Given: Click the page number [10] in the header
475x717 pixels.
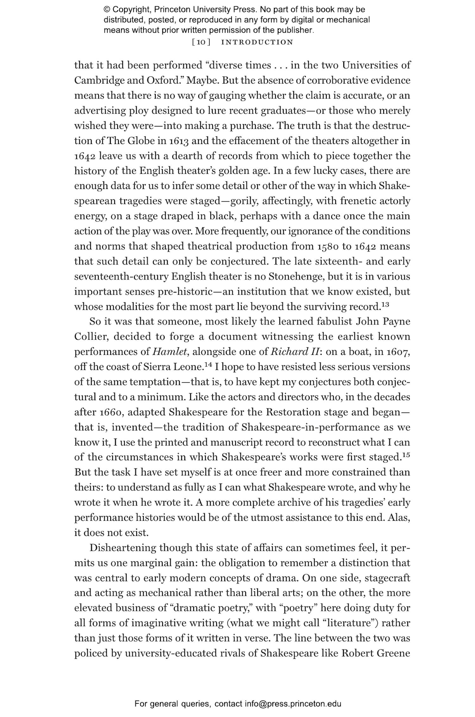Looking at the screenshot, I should click(201, 42).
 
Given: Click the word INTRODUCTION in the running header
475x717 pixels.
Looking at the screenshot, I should click(257, 42).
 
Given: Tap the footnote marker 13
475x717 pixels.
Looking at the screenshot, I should click(385, 305).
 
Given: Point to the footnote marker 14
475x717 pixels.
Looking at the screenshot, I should click(208, 365).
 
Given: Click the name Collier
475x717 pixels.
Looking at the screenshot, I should click(92, 336).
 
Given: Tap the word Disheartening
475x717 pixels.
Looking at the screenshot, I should click(123, 548).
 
